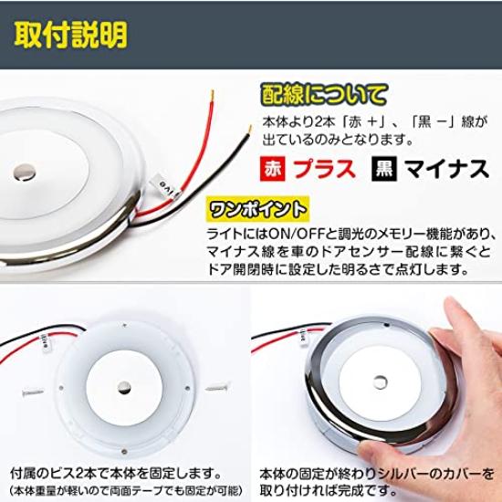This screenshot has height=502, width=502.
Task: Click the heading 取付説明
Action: (x=71, y=35)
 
